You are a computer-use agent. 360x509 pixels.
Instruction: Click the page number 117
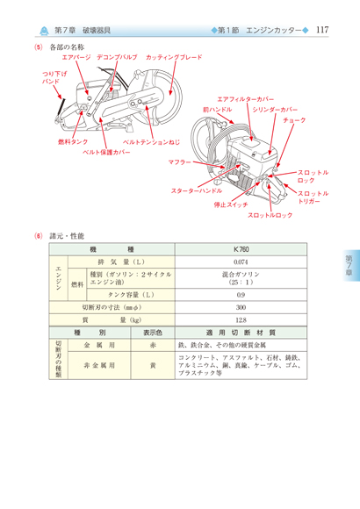point(322,30)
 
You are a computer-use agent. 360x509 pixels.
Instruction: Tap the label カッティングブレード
point(174,57)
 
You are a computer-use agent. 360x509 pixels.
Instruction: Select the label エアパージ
point(76,57)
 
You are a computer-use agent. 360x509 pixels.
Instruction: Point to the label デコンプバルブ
point(117,57)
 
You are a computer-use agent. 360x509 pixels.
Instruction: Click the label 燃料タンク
point(73,142)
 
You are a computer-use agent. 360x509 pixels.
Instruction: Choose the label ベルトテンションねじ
point(151,142)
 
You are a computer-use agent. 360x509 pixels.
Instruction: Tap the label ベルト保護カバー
point(106,152)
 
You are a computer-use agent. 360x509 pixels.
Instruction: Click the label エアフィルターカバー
point(246,99)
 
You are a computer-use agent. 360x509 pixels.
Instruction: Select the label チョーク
point(294,120)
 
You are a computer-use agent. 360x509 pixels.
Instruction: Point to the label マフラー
point(179,162)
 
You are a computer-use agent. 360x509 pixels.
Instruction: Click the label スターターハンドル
point(197,191)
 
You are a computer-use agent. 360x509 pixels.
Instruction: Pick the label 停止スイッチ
point(231,204)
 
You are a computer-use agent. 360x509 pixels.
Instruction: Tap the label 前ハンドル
point(218,110)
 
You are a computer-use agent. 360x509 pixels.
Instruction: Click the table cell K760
point(241,249)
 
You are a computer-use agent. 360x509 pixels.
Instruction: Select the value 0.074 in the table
point(241,262)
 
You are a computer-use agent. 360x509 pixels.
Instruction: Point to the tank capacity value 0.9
point(241,295)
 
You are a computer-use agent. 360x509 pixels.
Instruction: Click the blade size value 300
point(241,307)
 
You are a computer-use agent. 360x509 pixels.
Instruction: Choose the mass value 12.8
point(241,320)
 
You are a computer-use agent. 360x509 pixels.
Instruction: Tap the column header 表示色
point(153,333)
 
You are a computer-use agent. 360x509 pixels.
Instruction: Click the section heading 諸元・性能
point(67,236)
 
